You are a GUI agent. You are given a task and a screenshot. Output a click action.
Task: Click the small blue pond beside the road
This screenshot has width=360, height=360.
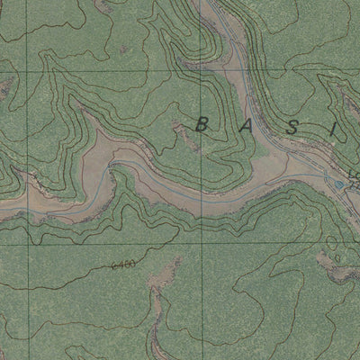tap(338, 185)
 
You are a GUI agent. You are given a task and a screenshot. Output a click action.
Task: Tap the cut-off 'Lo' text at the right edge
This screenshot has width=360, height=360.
tap(353, 174)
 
